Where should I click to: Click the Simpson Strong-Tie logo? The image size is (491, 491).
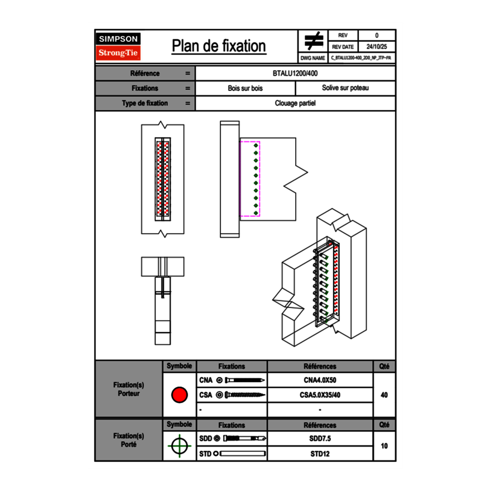coord(118,46)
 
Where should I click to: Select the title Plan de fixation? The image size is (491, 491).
coord(219,46)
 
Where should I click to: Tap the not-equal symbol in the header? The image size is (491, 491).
coord(314,41)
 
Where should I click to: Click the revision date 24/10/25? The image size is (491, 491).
coord(377,47)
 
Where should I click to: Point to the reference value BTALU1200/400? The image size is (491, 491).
coord(296,74)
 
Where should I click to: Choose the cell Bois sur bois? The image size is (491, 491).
coord(245,88)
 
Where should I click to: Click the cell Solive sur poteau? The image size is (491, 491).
coord(345,88)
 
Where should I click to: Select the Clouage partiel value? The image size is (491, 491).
coord(296,103)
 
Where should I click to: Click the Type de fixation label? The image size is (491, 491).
coord(145,103)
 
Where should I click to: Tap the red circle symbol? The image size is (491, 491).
coord(180,395)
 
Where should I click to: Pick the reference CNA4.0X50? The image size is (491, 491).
coord(320,381)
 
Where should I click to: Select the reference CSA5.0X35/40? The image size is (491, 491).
coord(320,395)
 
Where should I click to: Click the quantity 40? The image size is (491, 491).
coord(384,395)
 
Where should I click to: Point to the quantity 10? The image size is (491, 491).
coord(384,446)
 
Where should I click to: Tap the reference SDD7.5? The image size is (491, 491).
coord(320,439)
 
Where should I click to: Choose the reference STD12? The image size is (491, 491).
coord(320,454)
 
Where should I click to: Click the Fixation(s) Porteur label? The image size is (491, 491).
coord(129,389)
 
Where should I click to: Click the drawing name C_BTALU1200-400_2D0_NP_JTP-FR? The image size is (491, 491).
coord(361,58)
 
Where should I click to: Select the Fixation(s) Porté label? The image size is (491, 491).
coord(129,440)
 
